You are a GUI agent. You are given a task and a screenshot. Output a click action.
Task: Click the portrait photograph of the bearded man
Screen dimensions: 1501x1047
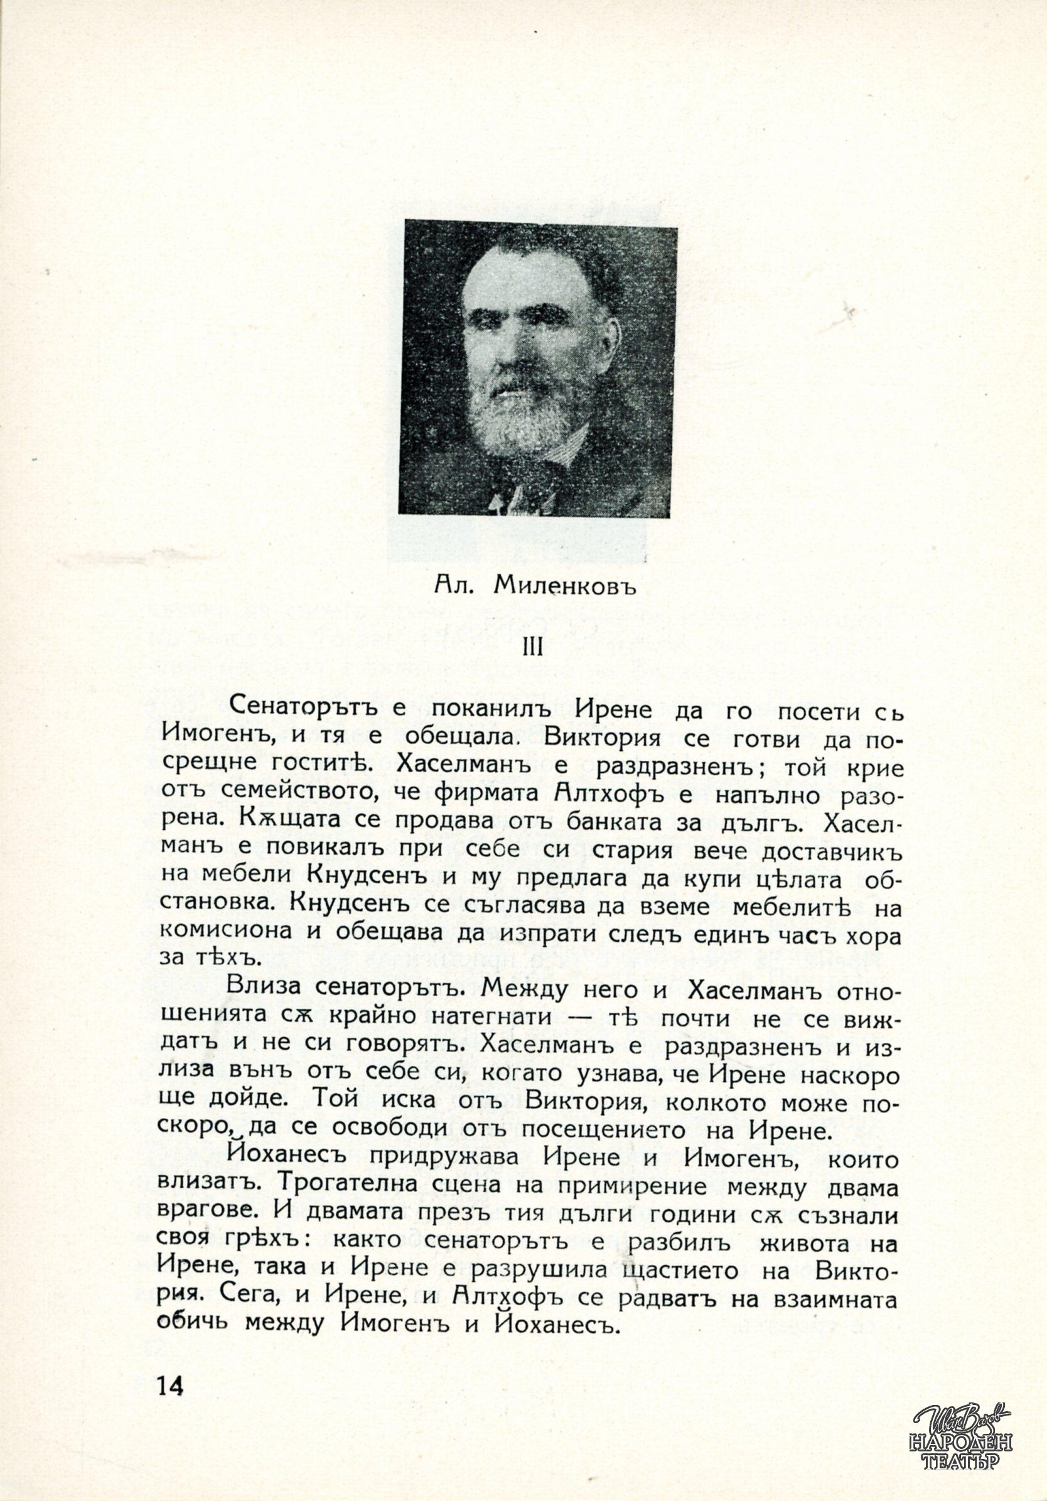click(x=537, y=368)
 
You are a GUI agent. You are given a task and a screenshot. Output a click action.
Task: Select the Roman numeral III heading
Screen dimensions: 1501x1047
click(x=533, y=647)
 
